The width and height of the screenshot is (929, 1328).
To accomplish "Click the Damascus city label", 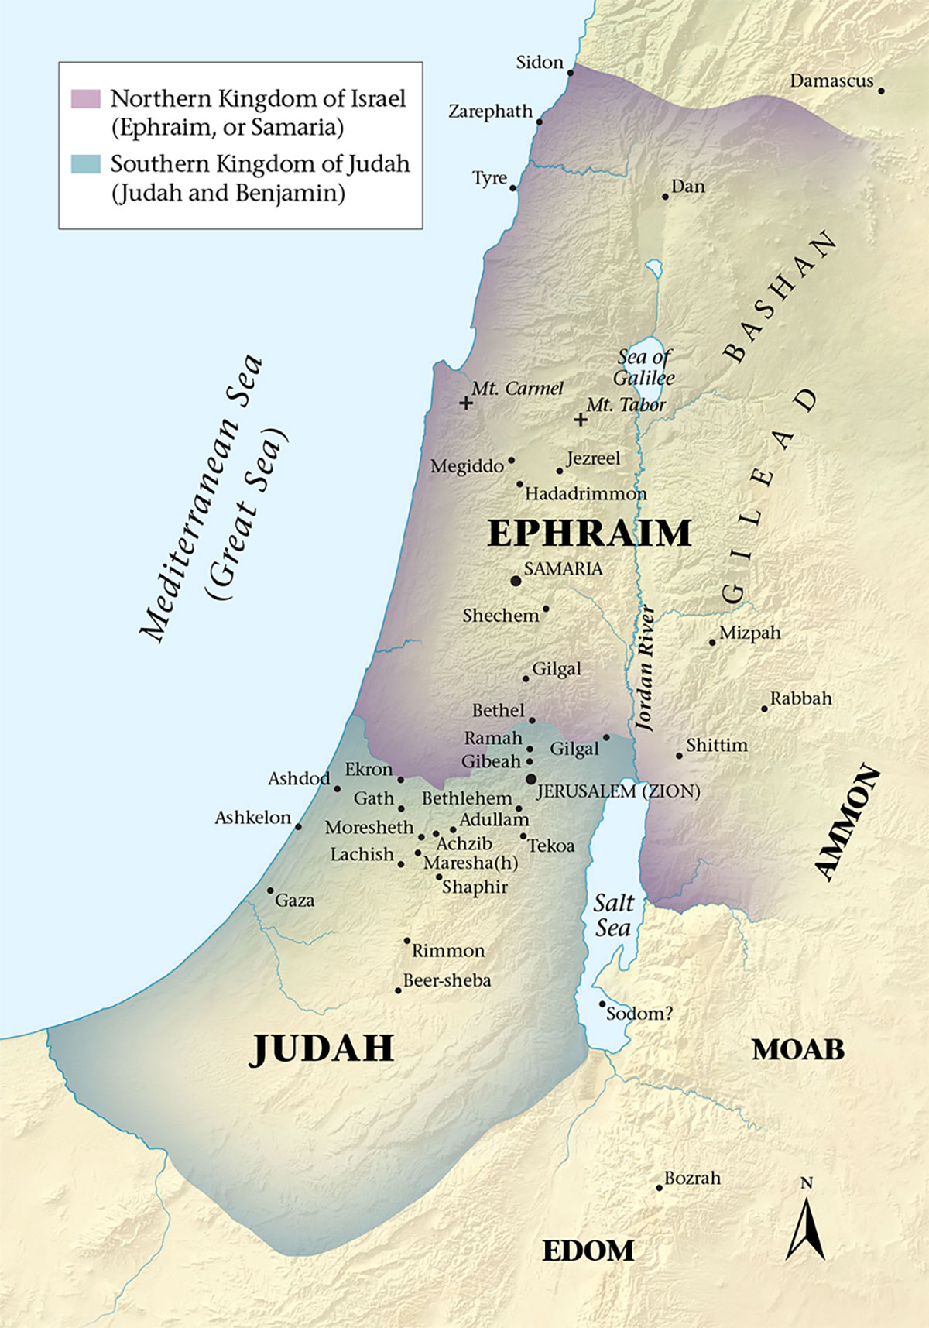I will click(831, 81).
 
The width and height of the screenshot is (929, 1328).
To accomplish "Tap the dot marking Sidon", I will click(571, 72).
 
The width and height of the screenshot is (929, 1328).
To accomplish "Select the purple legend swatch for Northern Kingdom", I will click(85, 99).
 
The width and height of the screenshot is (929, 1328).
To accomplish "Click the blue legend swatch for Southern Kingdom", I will click(85, 164).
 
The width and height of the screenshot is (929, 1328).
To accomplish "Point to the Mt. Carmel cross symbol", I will click(465, 403).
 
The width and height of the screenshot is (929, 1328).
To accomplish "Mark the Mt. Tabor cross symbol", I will click(580, 420).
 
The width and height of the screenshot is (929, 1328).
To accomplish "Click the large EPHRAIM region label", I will click(589, 534).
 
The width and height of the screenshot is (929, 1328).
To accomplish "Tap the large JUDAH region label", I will click(323, 1048).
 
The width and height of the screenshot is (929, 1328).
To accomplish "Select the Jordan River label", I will click(644, 668).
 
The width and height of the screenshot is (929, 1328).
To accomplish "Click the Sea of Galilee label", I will click(644, 368).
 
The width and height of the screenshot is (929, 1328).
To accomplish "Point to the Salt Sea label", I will click(613, 915).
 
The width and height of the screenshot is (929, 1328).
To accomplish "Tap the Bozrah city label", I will click(692, 1178).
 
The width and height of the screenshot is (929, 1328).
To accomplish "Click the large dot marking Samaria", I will click(516, 580).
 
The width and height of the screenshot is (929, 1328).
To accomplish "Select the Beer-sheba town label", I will click(447, 980).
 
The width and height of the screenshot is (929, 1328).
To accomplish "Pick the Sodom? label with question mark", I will click(639, 1014).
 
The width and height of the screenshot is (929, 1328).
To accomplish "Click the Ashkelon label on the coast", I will click(252, 818).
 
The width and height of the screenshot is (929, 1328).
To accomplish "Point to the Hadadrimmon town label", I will click(585, 494).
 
